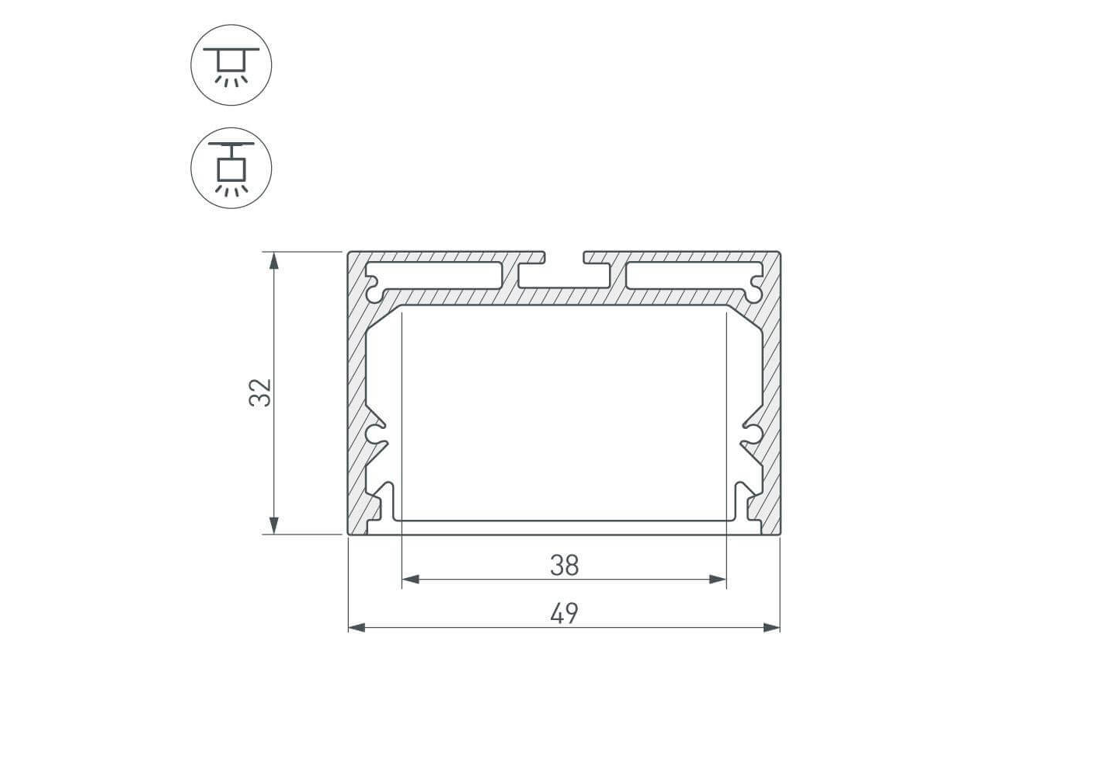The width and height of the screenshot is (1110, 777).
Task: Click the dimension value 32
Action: (260, 393)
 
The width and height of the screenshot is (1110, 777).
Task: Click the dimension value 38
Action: (565, 566)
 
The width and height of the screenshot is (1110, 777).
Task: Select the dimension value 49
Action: (565, 614)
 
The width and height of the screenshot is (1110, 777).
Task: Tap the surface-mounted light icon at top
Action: (231, 65)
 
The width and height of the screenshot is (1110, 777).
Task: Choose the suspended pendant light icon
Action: (231, 168)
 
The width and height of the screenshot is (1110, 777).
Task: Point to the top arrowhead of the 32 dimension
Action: (273, 260)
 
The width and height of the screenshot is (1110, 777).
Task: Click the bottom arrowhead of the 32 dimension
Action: (273, 525)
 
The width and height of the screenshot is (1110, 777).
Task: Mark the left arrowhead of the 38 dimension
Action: (411, 580)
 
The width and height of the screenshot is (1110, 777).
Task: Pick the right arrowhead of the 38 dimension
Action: (718, 580)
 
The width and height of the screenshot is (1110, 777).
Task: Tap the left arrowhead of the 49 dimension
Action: (357, 628)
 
